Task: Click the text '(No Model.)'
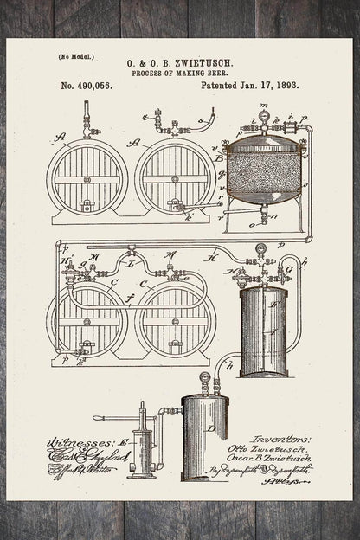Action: coord(75,57)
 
